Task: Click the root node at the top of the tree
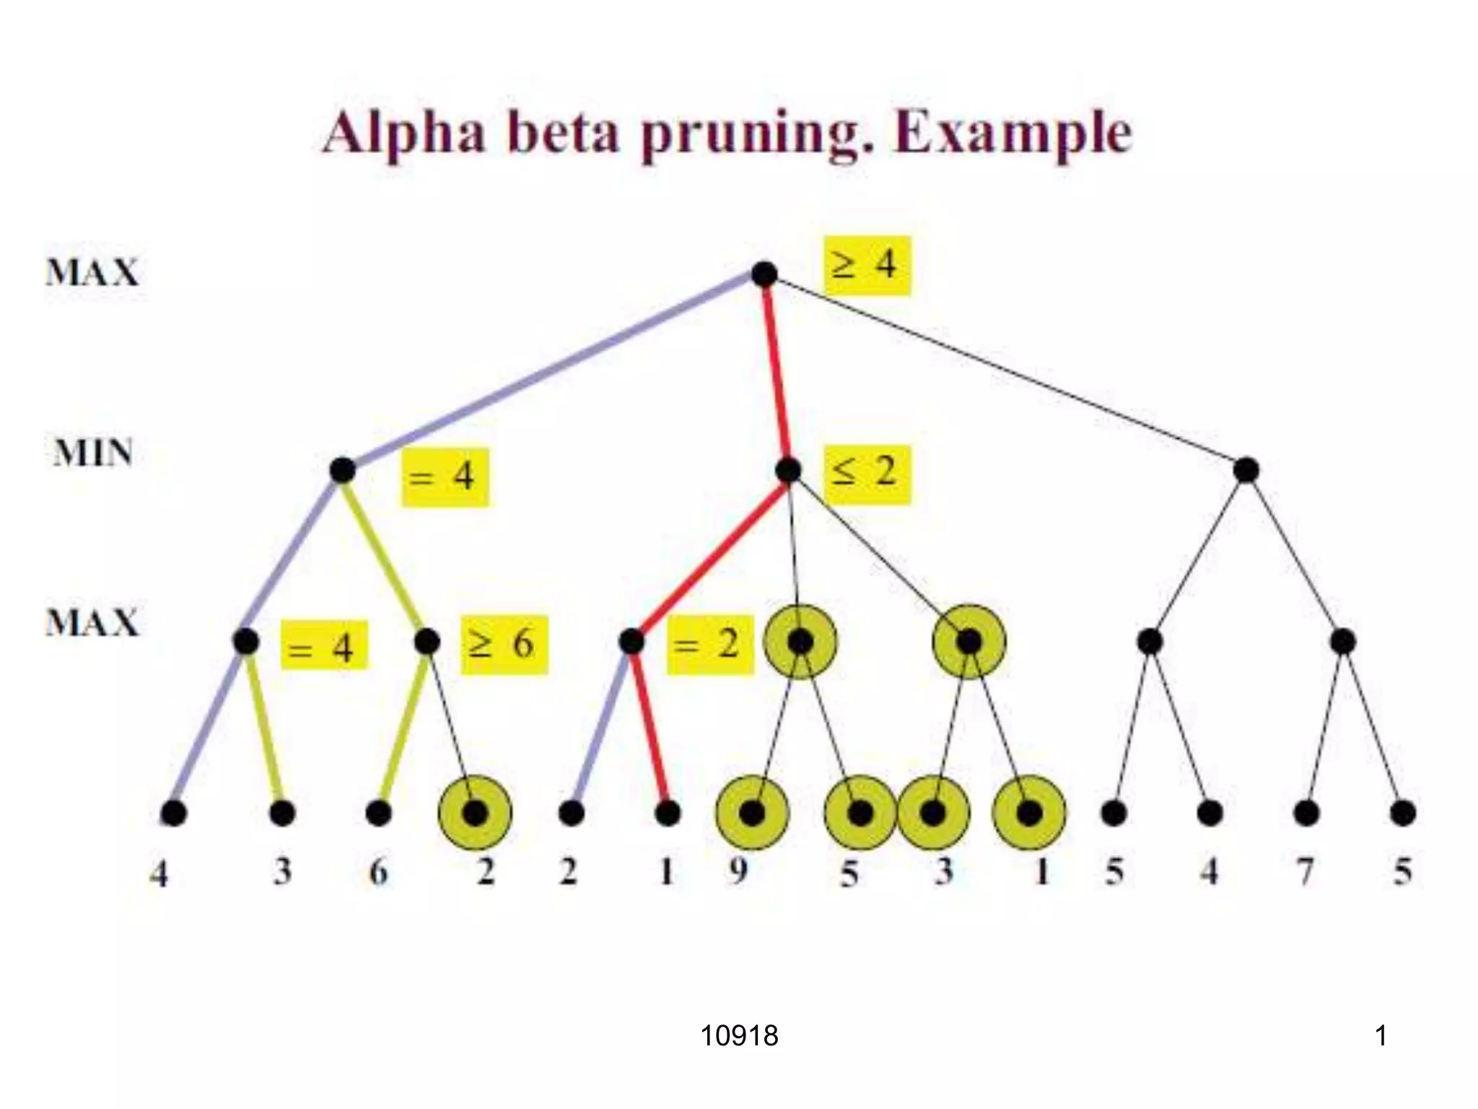[764, 274]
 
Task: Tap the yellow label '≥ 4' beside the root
[867, 265]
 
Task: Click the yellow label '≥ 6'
[504, 645]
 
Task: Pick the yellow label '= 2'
[709, 645]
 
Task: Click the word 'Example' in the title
[1013, 134]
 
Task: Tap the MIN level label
[93, 453]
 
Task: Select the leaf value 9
[738, 871]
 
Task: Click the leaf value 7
[1305, 871]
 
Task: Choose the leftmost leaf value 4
[159, 874]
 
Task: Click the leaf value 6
[378, 872]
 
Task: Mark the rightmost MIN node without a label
[1246, 470]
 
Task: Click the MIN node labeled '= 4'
[342, 470]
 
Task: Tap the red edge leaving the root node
[776, 372]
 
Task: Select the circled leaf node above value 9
[752, 814]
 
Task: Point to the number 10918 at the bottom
[739, 1036]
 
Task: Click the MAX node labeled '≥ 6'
[427, 641]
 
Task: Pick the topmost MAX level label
[92, 273]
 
